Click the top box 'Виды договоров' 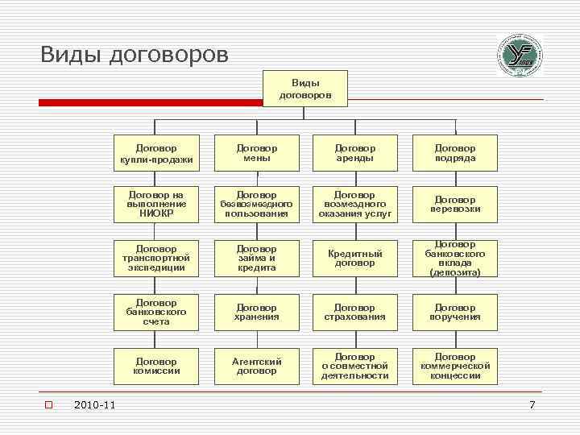point(305,89)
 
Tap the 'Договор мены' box point(256,153)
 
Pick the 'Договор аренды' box point(355,153)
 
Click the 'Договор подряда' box point(455,153)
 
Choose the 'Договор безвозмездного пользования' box point(256,205)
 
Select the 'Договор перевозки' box point(455,205)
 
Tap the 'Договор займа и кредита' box point(256,259)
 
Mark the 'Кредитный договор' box point(355,259)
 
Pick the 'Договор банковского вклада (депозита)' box point(455,259)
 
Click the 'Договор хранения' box point(256,313)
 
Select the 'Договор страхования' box point(355,313)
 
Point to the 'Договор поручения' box point(455,313)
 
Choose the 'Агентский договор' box point(256,367)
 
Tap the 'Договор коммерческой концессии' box point(455,367)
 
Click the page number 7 point(532,404)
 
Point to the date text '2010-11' point(93,404)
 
